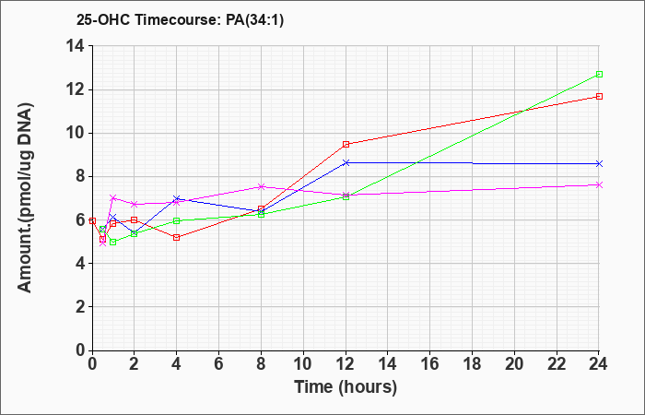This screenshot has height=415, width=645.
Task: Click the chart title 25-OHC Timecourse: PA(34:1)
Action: pyautogui.click(x=181, y=20)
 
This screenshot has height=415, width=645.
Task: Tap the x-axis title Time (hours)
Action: pyautogui.click(x=346, y=387)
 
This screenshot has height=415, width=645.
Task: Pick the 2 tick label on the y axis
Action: pyautogui.click(x=81, y=307)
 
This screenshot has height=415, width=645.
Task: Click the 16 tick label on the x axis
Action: pyautogui.click(x=429, y=363)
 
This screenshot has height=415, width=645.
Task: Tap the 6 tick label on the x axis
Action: pyautogui.click(x=218, y=363)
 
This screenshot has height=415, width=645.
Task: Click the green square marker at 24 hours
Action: pyautogui.click(x=599, y=74)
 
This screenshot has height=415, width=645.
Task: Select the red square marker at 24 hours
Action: pyautogui.click(x=599, y=96)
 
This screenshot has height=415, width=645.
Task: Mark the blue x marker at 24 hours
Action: pyautogui.click(x=599, y=164)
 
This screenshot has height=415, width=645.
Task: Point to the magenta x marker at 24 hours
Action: pyautogui.click(x=599, y=184)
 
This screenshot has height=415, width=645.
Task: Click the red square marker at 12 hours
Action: pyautogui.click(x=346, y=144)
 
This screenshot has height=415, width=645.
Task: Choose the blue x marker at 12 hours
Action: pyautogui.click(x=346, y=162)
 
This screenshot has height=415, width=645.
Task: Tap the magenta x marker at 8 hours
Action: pyautogui.click(x=261, y=186)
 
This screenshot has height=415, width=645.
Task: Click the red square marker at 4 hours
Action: pyautogui.click(x=177, y=238)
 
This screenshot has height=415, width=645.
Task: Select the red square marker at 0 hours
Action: pyautogui.click(x=92, y=220)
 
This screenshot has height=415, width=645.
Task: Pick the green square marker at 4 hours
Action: pyautogui.click(x=177, y=220)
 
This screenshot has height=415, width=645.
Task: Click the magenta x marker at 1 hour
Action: pyautogui.click(x=113, y=197)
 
